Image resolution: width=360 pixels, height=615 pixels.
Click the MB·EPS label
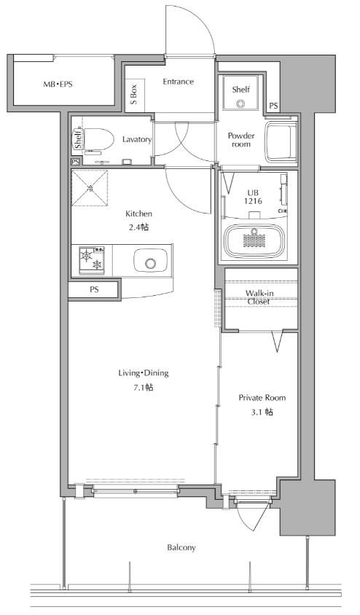pyautogui.click(x=58, y=84)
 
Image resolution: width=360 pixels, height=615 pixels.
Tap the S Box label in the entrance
pyautogui.click(x=134, y=95)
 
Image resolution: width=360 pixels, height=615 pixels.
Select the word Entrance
pyautogui.click(x=179, y=82)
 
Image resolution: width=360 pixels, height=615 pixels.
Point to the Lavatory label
pyautogui.click(x=137, y=139)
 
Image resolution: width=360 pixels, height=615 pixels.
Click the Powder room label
pyautogui.click(x=241, y=140)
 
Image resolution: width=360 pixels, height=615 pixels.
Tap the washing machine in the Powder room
pyautogui.click(x=281, y=141)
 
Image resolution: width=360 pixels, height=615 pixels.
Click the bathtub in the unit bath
pyautogui.click(x=254, y=240)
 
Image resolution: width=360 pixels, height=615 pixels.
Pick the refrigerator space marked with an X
pyautogui.click(x=90, y=188)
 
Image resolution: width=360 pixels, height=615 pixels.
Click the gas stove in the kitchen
pyautogui.click(x=92, y=260)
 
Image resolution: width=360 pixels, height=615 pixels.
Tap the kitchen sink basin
pyautogui.click(x=151, y=261)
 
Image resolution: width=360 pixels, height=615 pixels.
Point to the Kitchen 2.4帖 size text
pyautogui.click(x=138, y=220)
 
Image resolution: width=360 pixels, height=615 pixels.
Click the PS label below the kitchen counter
pyautogui.click(x=94, y=290)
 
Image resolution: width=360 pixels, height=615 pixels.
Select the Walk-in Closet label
pyautogui.click(x=259, y=297)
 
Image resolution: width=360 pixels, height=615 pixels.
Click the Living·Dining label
pyautogui.click(x=144, y=372)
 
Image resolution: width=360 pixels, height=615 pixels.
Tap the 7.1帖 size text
pyautogui.click(x=144, y=388)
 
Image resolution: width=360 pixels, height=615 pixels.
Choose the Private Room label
pyautogui.click(x=262, y=398)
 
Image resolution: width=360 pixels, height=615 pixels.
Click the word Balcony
pyautogui.click(x=181, y=547)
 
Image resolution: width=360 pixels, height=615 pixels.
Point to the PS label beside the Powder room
pyautogui.click(x=273, y=106)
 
